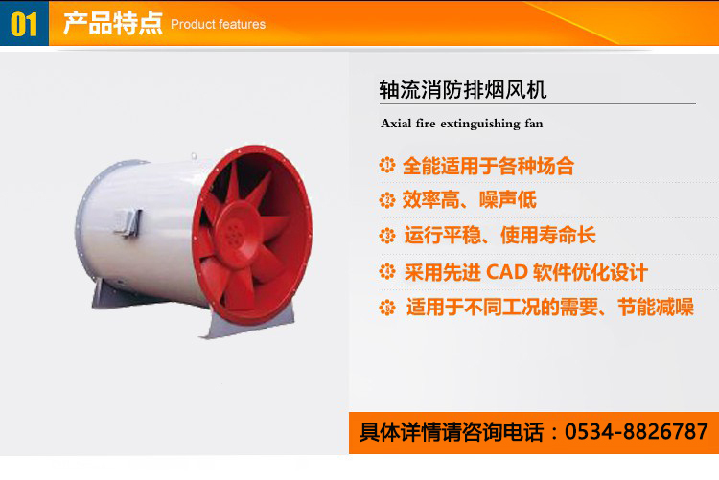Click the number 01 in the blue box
(23, 24)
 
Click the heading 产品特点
(113, 23)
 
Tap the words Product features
(219, 24)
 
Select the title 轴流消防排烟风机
(463, 89)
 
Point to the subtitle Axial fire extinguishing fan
(461, 124)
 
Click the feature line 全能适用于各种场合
(488, 166)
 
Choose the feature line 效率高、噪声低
(469, 200)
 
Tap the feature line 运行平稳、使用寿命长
(499, 235)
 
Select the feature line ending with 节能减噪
(550, 308)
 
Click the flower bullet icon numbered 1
(387, 165)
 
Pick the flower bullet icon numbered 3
(387, 236)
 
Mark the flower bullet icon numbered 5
(387, 308)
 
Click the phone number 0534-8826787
(637, 432)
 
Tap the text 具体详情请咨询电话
(452, 432)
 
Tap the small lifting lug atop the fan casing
(194, 156)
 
